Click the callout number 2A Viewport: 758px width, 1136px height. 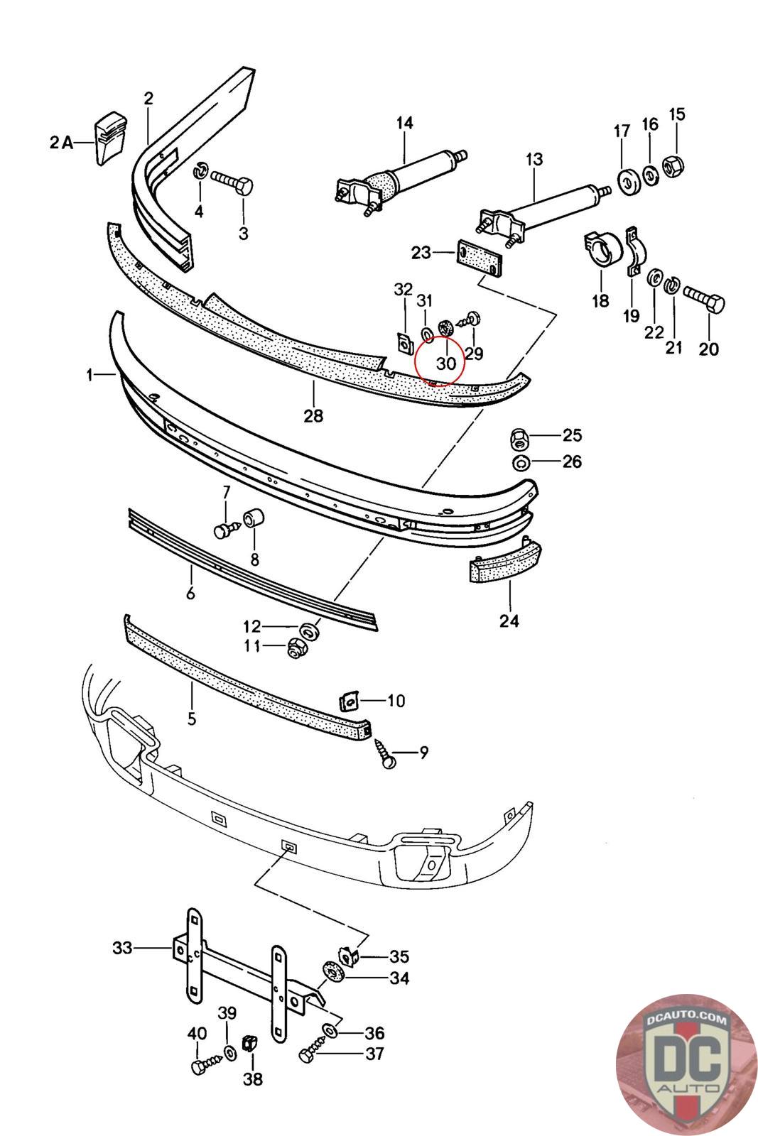click(x=61, y=143)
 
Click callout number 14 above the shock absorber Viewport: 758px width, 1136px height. click(x=405, y=123)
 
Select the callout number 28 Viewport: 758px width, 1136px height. click(x=313, y=416)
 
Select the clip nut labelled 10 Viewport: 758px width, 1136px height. click(x=349, y=702)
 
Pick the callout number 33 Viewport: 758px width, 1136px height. click(x=122, y=948)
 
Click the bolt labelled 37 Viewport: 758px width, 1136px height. click(x=313, y=1052)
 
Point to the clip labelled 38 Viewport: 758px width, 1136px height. click(x=249, y=1043)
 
